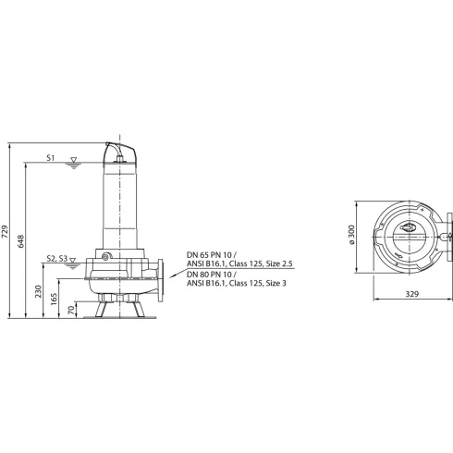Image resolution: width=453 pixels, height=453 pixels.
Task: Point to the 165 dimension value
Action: point(55,300)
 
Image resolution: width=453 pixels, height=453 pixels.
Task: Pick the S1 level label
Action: point(52,159)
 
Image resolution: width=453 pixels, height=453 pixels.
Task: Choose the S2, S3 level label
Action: point(57,260)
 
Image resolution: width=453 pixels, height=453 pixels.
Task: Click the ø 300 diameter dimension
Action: point(351,235)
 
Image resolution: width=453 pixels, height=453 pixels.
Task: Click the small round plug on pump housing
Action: point(107,256)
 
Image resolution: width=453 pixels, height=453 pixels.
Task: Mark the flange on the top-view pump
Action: point(448,236)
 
